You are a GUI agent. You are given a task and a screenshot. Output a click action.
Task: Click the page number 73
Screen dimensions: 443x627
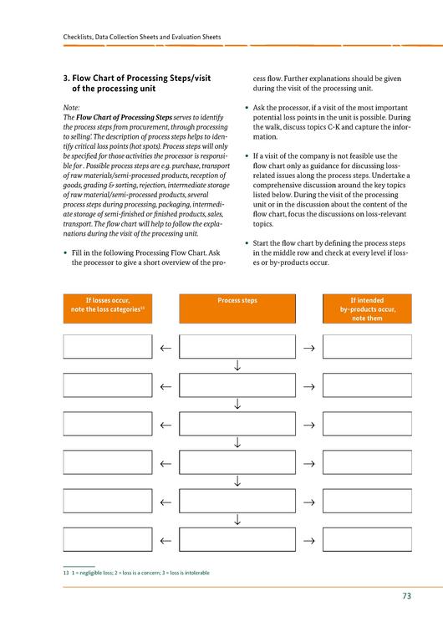click(406, 596)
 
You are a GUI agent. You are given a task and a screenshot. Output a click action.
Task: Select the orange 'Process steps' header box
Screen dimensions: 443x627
click(237, 308)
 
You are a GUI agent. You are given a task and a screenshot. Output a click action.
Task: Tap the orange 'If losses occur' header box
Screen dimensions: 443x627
click(108, 308)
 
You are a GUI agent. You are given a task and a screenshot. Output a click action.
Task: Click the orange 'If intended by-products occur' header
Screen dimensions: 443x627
click(367, 308)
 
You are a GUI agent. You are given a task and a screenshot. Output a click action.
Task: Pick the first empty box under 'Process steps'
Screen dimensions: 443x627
click(237, 347)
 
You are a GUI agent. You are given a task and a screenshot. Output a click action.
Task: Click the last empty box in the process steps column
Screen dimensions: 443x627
click(237, 539)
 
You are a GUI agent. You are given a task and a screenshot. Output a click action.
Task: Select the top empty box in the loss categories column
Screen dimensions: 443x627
click(108, 347)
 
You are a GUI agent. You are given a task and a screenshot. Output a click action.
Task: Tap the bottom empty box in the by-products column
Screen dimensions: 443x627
click(367, 539)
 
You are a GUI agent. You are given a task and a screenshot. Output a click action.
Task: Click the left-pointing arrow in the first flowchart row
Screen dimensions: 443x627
click(165, 349)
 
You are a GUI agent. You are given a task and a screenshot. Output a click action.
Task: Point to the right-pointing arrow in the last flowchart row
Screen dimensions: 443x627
click(309, 541)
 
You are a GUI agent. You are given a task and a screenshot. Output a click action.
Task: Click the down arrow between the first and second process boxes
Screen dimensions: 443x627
click(237, 365)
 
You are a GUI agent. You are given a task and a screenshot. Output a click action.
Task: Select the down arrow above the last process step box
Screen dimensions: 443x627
click(237, 519)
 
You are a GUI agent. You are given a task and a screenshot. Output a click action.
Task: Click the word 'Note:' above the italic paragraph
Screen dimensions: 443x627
click(71, 108)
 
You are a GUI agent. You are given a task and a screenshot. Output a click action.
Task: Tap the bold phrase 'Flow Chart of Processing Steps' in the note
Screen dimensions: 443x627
click(124, 117)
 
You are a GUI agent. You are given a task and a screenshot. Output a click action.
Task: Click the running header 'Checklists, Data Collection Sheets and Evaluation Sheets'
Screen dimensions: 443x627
click(142, 37)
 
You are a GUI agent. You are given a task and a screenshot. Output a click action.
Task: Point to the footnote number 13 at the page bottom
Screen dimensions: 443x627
click(66, 573)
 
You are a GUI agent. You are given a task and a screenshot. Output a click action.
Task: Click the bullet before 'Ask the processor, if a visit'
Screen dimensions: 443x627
click(247, 108)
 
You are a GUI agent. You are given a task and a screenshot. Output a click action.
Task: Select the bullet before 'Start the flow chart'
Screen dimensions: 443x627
click(247, 243)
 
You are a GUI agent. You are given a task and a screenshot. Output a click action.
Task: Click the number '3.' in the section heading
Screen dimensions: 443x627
click(67, 79)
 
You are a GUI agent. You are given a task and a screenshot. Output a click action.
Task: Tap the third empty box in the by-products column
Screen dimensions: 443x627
click(367, 424)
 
